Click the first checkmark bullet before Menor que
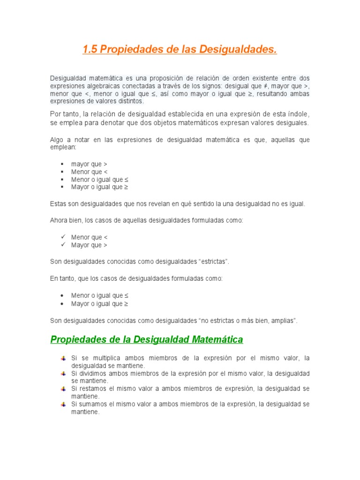(x=62, y=237)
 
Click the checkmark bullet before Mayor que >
(x=62, y=245)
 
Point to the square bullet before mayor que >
(x=62, y=164)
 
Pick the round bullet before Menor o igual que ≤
(x=62, y=296)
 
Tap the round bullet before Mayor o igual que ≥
(x=62, y=303)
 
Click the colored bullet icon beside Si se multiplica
(x=63, y=358)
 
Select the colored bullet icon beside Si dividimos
(x=63, y=374)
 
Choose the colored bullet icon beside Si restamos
(x=63, y=389)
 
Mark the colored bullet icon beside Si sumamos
(x=63, y=404)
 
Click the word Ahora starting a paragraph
(x=59, y=220)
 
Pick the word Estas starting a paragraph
(x=58, y=203)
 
